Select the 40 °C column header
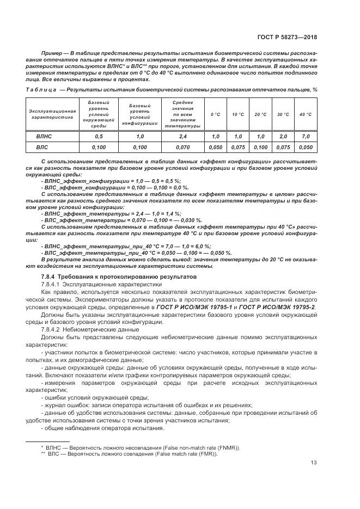306,114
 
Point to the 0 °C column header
216,114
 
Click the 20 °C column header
260,114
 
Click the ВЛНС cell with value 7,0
306,137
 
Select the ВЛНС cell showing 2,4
182,137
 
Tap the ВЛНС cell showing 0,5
99,137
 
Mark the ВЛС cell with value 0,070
182,148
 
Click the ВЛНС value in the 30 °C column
283,137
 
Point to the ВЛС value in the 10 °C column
238,148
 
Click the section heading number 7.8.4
50,278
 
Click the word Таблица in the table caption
41,89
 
